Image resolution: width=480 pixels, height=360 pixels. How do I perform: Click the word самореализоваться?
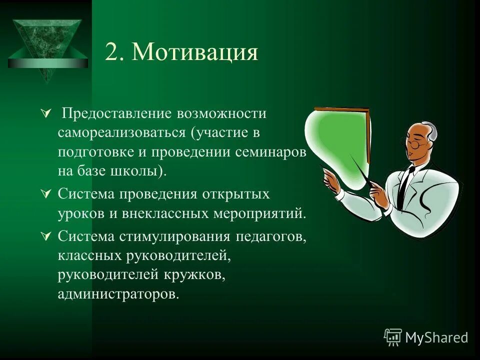[121, 133]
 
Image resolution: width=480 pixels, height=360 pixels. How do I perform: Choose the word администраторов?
[117, 293]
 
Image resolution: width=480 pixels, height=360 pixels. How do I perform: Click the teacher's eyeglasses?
[414, 143]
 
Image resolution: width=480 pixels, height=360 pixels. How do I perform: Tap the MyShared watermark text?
[436, 337]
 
